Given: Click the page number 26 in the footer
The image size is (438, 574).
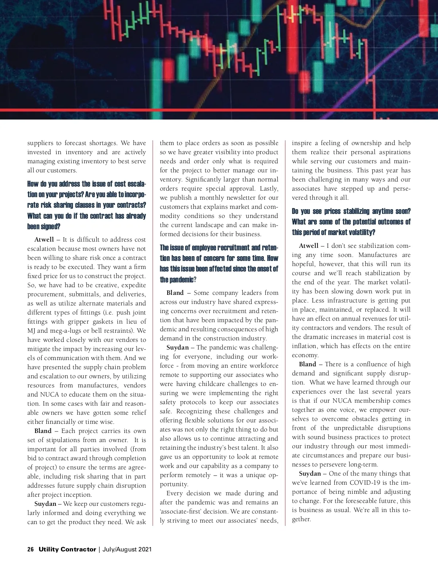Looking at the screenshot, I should [x=31, y=549].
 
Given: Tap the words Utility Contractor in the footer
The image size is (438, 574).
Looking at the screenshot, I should [x=67, y=549].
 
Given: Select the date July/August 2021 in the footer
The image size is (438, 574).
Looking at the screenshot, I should [x=127, y=549].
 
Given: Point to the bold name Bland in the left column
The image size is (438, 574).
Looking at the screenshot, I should [x=43, y=431].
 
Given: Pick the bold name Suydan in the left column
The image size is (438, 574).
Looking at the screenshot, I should [x=45, y=504].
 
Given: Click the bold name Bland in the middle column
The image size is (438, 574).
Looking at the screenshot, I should [x=175, y=293].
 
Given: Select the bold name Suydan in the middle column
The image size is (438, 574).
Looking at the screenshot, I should [x=177, y=348].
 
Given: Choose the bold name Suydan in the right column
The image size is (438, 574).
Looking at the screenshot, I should [x=310, y=474].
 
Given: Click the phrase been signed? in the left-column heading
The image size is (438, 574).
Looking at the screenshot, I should [x=44, y=226].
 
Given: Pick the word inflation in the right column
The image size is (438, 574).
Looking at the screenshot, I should [x=304, y=346].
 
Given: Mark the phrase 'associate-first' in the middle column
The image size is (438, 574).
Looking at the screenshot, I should [x=180, y=511].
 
